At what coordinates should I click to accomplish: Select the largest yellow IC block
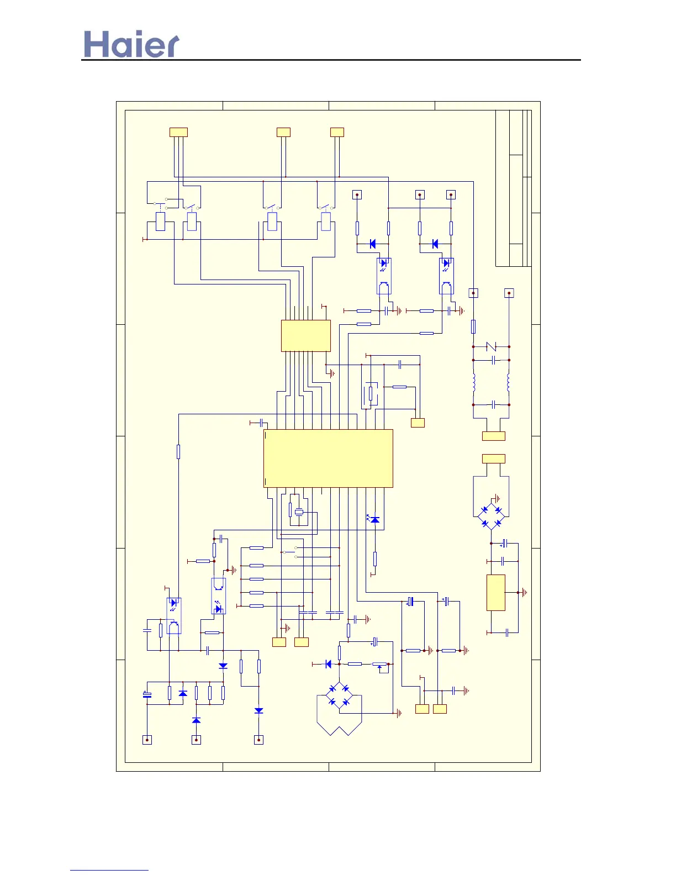[328, 458]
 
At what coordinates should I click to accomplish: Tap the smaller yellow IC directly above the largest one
[305, 335]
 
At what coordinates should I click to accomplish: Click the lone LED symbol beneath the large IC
[375, 520]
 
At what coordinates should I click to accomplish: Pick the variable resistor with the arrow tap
[379, 665]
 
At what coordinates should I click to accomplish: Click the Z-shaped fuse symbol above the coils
[491, 346]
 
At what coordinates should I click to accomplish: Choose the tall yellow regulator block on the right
[495, 592]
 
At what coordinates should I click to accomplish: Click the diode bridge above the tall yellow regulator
[491, 516]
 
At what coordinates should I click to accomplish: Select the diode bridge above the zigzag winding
[339, 694]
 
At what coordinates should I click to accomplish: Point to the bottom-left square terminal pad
[147, 740]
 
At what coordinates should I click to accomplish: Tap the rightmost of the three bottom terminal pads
[258, 740]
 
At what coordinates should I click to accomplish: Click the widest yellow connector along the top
[178, 132]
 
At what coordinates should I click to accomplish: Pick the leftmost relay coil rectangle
[161, 222]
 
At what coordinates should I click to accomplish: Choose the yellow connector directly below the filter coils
[493, 436]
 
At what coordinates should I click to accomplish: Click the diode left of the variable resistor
[328, 664]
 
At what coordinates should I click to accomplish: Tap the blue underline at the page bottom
[109, 870]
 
